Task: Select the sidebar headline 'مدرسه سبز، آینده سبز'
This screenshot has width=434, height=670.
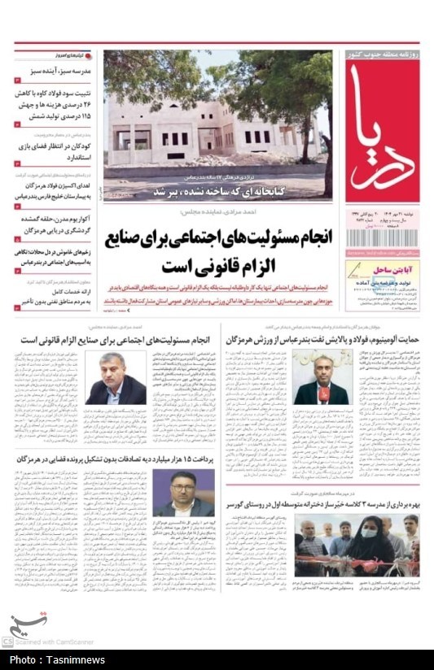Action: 57,72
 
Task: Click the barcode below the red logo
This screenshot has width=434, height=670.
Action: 382,237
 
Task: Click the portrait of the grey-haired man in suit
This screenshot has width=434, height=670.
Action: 116,376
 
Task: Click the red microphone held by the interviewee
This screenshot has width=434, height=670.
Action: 322,394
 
